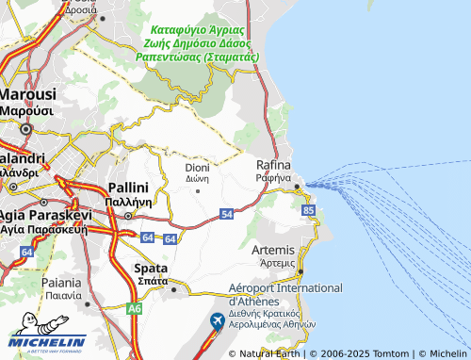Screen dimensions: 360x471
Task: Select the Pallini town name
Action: click(x=130, y=188)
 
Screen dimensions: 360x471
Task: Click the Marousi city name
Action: click(x=28, y=95)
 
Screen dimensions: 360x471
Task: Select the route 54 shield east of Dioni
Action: click(x=227, y=215)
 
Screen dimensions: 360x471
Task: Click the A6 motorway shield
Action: click(x=135, y=308)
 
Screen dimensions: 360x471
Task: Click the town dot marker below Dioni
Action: click(x=197, y=190)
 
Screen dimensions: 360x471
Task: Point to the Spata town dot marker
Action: click(x=173, y=289)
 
